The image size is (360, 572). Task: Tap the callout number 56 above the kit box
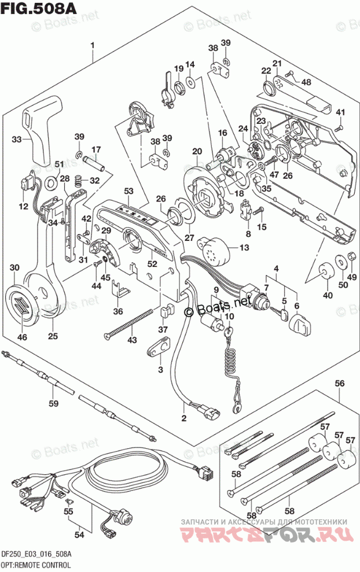340,383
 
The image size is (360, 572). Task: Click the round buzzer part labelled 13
213,251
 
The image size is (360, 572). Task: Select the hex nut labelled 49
351,258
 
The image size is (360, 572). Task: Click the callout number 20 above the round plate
197,152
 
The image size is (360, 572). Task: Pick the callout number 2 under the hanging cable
184,419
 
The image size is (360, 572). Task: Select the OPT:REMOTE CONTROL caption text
36,564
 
